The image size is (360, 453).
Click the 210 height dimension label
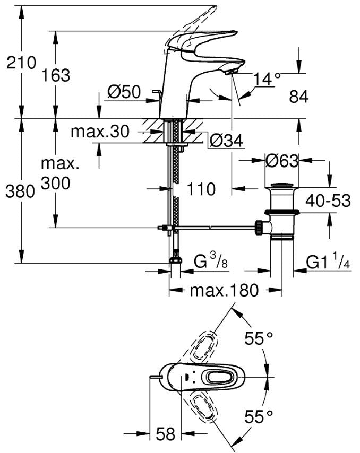click(21, 63)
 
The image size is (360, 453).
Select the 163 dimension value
click(56, 76)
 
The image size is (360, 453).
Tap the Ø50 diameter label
click(124, 92)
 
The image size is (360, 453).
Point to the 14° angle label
click(267, 79)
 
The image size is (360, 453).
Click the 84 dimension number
click(299, 97)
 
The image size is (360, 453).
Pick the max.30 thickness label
click(100, 132)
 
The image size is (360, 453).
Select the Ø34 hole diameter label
click(227, 141)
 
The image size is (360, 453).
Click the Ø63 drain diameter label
click(282, 161)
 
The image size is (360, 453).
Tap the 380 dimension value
click(20, 191)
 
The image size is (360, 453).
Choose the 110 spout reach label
click(201, 189)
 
